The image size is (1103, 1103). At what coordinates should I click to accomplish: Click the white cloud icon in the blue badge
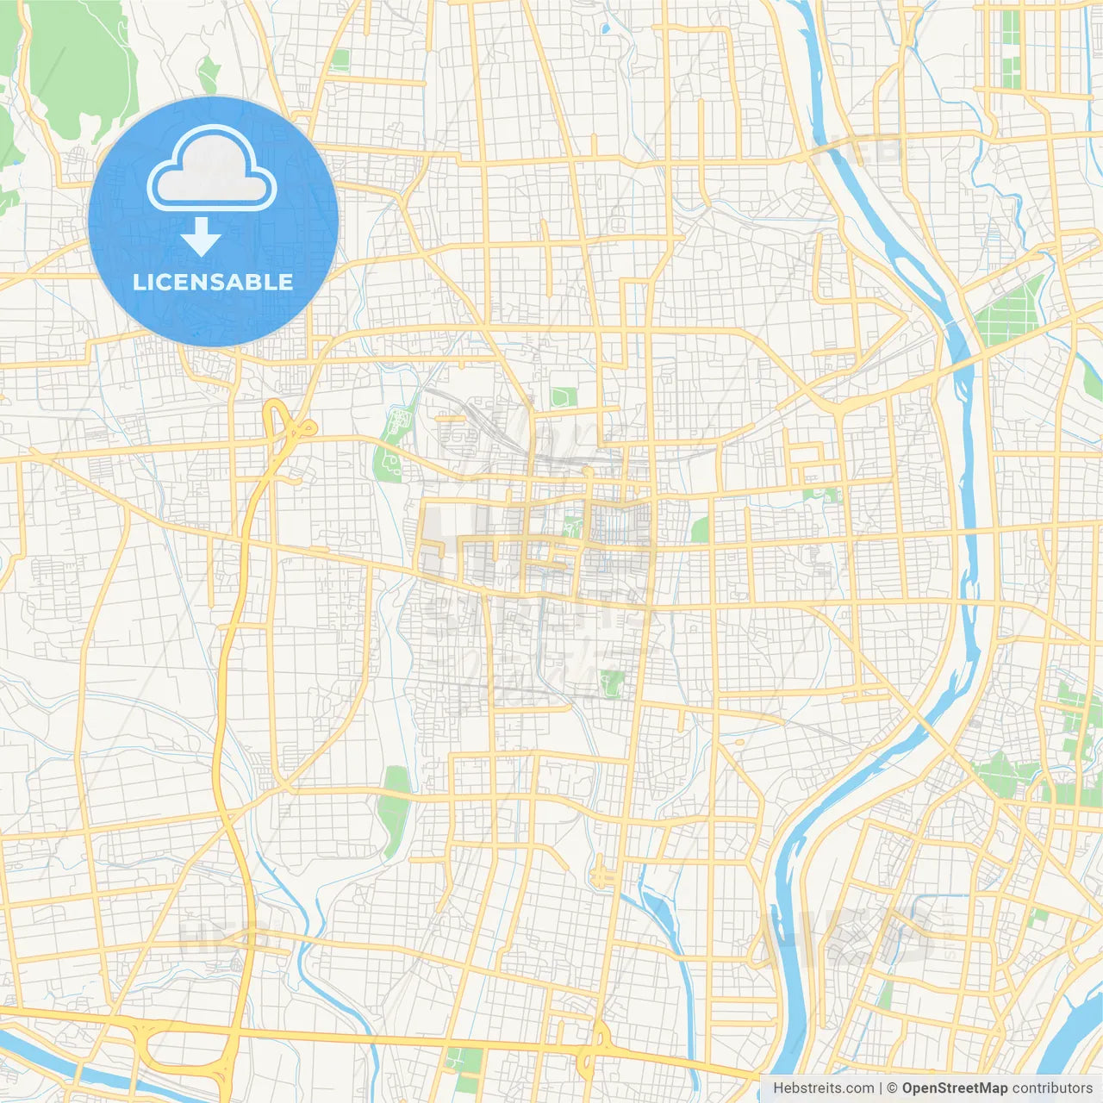coord(212,169)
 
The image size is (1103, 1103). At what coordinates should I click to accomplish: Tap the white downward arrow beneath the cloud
coord(201,237)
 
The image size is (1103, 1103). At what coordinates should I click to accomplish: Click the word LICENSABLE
coord(213,282)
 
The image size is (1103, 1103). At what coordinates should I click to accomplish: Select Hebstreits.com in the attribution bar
coord(823,1088)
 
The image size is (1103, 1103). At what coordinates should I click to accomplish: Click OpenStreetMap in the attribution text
coord(954,1088)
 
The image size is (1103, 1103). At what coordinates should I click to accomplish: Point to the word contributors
coord(1052,1088)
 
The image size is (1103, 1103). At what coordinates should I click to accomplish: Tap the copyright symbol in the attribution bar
coord(892,1088)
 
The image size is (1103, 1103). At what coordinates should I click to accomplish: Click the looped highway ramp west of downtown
coord(277,422)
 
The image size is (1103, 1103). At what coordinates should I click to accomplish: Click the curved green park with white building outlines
coord(392,444)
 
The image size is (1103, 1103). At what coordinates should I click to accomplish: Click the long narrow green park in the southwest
coord(396,810)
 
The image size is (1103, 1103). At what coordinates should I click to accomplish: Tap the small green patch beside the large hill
coord(208,75)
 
